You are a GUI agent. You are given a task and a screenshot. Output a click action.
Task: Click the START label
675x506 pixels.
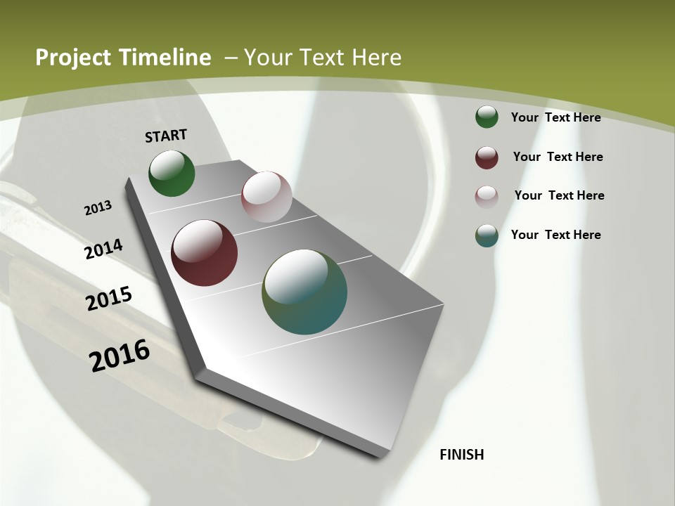[166, 136]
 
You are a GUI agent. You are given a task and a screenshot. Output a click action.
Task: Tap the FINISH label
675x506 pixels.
[462, 455]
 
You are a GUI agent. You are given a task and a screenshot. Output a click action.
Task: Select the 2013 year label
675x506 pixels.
[98, 208]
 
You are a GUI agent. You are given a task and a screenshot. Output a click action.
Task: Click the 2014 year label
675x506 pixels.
[103, 249]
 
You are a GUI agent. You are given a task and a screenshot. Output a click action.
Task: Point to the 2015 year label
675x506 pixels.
[109, 299]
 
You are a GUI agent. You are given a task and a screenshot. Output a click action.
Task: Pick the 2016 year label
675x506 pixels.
[120, 355]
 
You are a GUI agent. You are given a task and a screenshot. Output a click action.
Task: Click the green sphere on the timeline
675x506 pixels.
[172, 174]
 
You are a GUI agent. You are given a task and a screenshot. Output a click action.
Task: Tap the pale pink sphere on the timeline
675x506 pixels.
[266, 197]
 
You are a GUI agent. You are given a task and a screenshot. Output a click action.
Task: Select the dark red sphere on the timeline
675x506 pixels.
[204, 253]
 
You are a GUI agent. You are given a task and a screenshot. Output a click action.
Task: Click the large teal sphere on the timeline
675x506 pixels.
[304, 292]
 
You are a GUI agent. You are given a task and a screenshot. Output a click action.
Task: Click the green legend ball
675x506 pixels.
[487, 117]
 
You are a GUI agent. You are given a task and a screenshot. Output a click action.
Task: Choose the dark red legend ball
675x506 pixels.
[487, 157]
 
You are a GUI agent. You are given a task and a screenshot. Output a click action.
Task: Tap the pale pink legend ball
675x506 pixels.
[487, 196]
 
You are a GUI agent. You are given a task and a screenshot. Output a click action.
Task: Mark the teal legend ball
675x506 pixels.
[487, 235]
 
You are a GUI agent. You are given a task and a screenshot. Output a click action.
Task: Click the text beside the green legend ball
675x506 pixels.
[555, 117]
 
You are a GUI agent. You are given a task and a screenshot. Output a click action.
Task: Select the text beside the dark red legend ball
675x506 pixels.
[558, 157]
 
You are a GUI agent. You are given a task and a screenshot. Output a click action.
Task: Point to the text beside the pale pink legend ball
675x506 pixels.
[559, 195]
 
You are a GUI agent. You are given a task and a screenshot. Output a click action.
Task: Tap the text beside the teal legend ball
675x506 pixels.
[555, 235]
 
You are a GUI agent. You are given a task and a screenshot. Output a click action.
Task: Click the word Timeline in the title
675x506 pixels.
[166, 58]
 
